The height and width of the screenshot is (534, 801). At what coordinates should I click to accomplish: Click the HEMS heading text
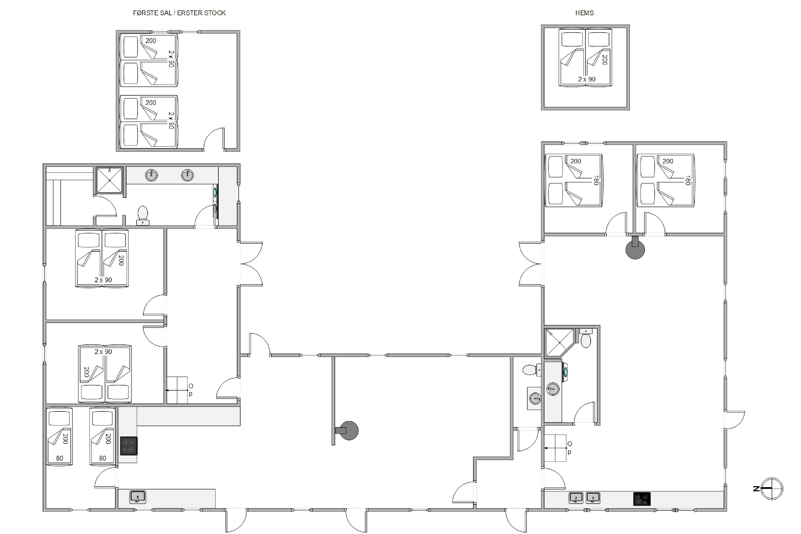click(x=584, y=13)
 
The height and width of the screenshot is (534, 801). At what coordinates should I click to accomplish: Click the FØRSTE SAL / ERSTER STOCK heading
click(x=179, y=13)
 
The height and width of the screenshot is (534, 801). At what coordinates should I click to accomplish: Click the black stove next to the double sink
click(x=642, y=499)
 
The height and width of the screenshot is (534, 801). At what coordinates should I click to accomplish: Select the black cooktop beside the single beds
click(x=129, y=446)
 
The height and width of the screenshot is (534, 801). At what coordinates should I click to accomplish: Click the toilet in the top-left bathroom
click(x=142, y=215)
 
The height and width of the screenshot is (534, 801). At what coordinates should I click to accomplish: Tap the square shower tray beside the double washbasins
click(x=109, y=180)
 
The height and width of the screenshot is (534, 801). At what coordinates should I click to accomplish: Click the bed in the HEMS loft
click(x=585, y=57)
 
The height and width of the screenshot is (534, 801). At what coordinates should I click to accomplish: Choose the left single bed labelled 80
click(x=59, y=436)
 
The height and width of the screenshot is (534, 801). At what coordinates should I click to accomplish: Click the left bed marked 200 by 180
click(x=574, y=180)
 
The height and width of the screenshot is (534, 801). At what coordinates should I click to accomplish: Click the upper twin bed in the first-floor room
click(x=149, y=60)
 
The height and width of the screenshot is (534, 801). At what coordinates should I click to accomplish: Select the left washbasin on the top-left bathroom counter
click(x=151, y=175)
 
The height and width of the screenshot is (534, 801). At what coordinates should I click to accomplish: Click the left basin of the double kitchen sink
click(x=576, y=498)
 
